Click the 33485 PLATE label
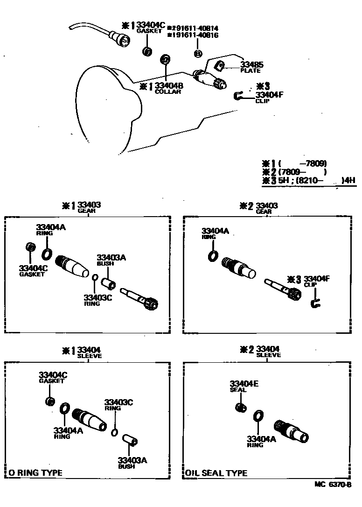pyautogui.click(x=251, y=67)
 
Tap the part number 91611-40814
pyautogui.click(x=195, y=28)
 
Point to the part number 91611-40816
pyautogui.click(x=195, y=35)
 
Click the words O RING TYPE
pyautogui.click(x=35, y=473)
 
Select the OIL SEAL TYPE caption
pyautogui.click(x=216, y=473)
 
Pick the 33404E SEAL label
pyautogui.click(x=243, y=387)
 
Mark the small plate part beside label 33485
pyautogui.click(x=222, y=66)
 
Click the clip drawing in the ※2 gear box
pyautogui.click(x=315, y=304)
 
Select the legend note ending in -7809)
pyautogui.click(x=294, y=163)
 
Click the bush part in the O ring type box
pyautogui.click(x=129, y=440)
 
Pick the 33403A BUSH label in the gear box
pyautogui.click(x=111, y=260)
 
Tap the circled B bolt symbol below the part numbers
pyautogui.click(x=197, y=54)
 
